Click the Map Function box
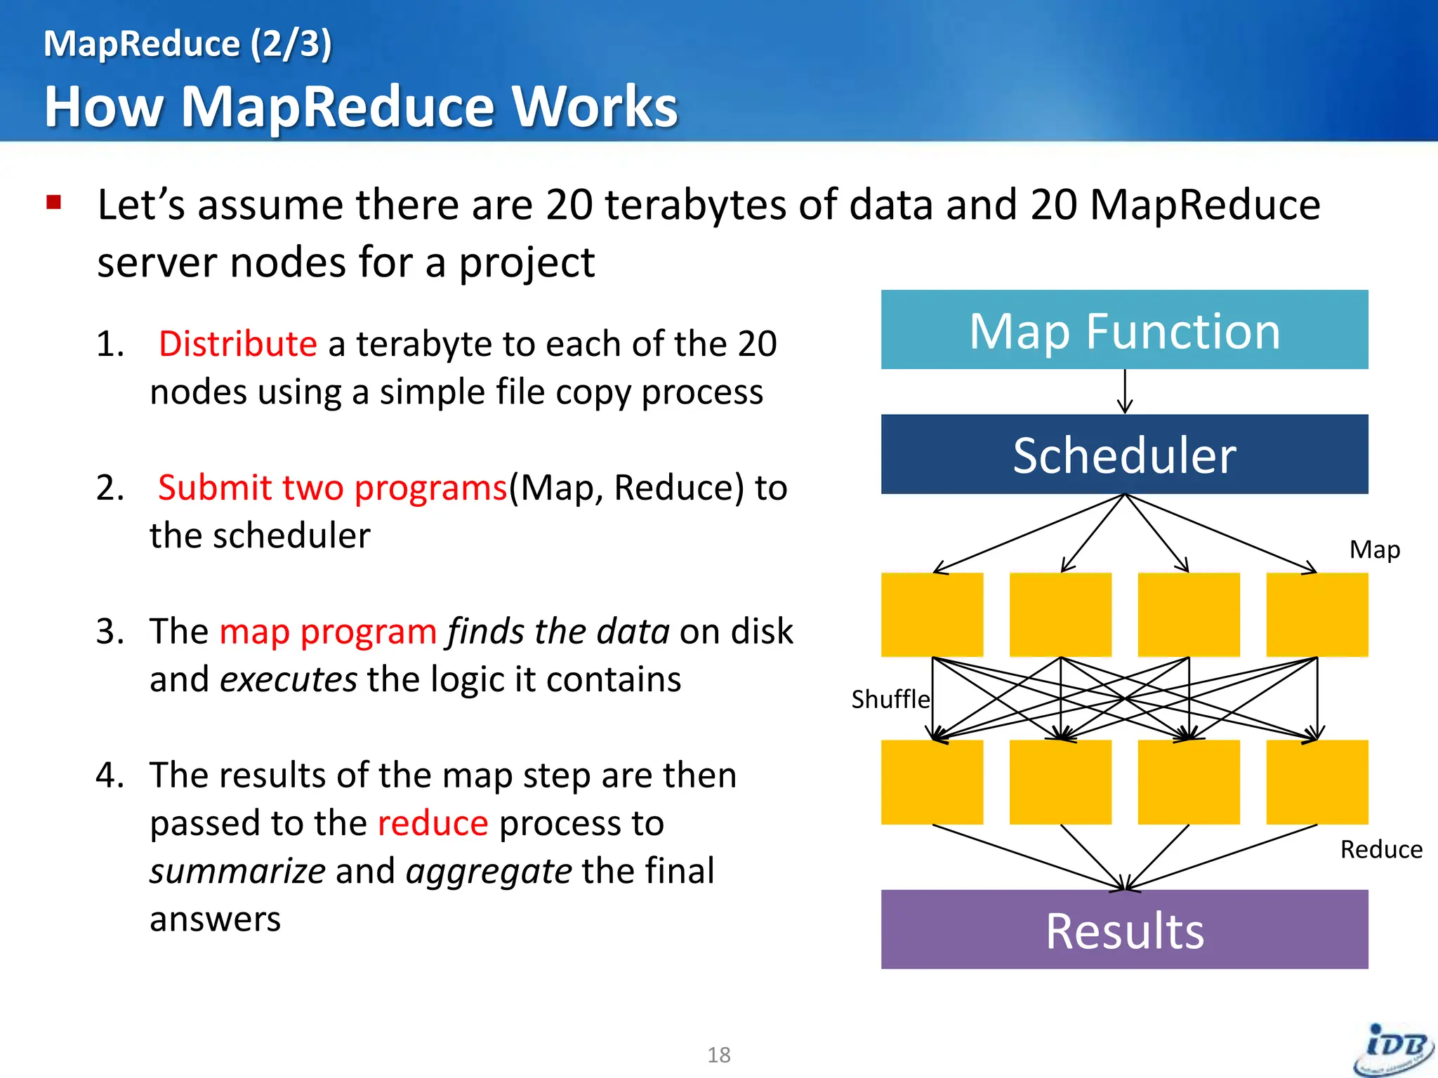coord(1124,330)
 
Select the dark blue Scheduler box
coord(1124,454)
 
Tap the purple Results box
coord(1124,930)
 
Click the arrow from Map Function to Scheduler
coord(1125,392)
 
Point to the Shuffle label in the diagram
coord(890,700)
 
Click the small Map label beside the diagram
coord(1374,550)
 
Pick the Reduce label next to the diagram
coord(1380,850)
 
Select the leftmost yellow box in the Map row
coord(932,615)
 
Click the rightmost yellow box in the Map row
coord(1317,615)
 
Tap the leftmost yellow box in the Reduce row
coord(932,782)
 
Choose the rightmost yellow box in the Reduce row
coord(1317,782)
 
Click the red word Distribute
coord(237,345)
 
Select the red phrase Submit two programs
coord(332,488)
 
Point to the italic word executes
coord(289,679)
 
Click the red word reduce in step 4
coord(433,823)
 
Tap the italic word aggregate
coord(489,872)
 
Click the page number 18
coord(718,1055)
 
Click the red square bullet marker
coord(54,203)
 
